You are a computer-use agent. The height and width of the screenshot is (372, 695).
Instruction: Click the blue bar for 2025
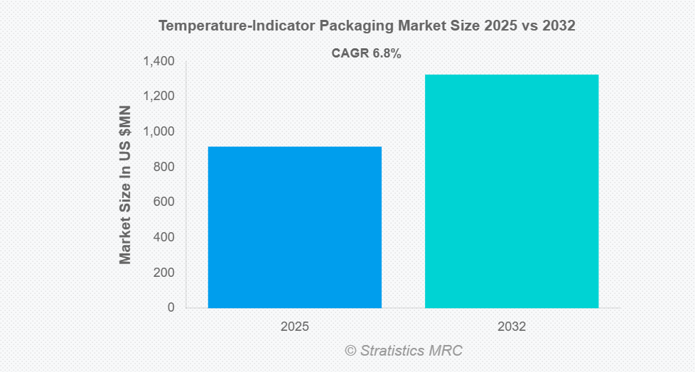[x=294, y=227]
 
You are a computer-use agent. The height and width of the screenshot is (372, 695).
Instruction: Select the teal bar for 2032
[x=512, y=191]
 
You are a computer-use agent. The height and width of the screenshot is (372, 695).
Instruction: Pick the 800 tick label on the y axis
[x=163, y=167]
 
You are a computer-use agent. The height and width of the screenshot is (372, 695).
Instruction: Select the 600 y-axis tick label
[x=163, y=202]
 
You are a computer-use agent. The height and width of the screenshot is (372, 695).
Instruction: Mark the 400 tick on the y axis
[x=163, y=237]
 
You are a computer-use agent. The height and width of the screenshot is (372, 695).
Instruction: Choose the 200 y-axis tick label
[x=163, y=273]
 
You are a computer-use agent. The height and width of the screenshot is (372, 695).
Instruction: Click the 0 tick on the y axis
[x=171, y=307]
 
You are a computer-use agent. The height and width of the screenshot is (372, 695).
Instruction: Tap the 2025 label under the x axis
[x=294, y=327]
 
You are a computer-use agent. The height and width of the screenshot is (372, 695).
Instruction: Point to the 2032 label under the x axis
[x=512, y=327]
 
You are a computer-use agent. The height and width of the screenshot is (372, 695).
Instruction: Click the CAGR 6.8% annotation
[x=367, y=53]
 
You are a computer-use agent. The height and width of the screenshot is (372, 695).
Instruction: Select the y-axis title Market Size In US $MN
[x=126, y=185]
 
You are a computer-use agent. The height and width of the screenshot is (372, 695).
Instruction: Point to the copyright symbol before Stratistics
[x=350, y=351]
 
